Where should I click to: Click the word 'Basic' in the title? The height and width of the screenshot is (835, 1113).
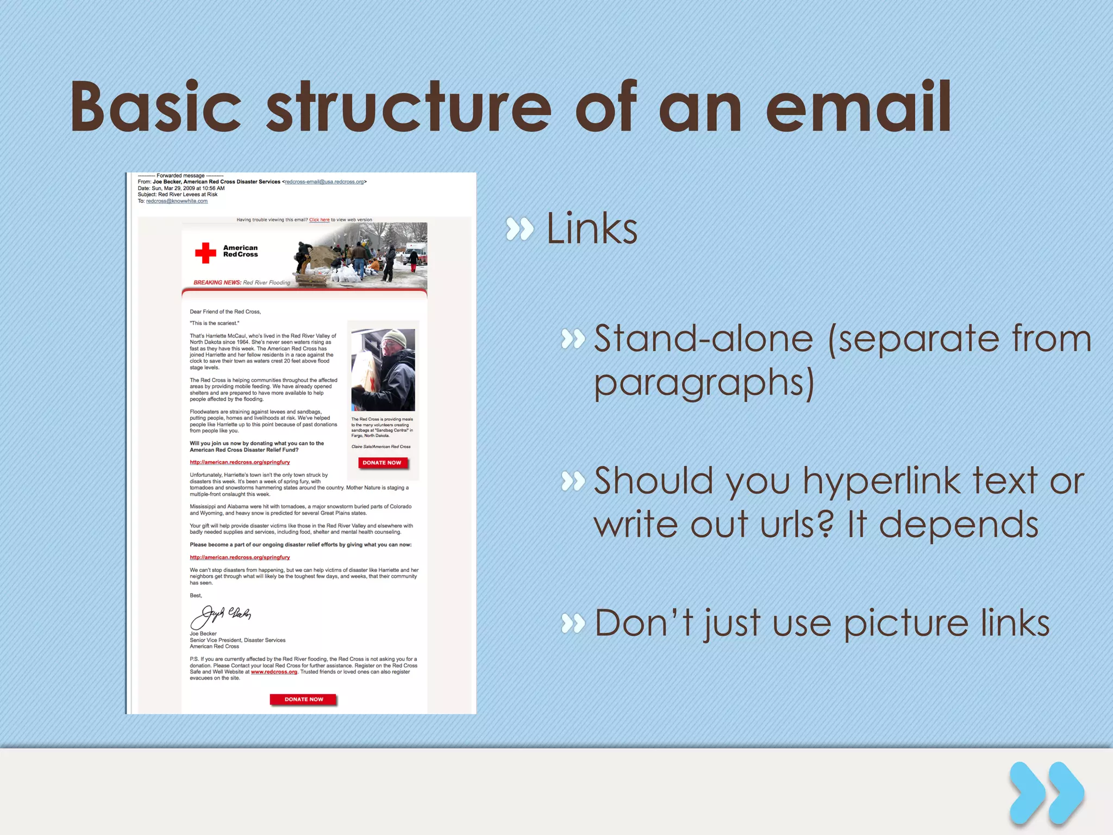[155, 107]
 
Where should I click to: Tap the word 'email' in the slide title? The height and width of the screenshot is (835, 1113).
[859, 107]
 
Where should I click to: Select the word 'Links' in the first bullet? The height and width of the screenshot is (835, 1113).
[591, 229]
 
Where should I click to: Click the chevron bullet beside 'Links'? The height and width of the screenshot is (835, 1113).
[520, 229]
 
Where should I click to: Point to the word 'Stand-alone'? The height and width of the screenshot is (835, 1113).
[703, 339]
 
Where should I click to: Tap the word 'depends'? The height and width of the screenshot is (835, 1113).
[959, 525]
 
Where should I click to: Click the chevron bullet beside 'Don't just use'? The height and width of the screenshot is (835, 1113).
[573, 623]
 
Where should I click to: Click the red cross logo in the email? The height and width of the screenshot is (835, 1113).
[205, 253]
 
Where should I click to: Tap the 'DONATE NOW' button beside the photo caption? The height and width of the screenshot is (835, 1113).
[382, 463]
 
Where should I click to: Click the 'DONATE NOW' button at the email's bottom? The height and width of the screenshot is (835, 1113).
[304, 700]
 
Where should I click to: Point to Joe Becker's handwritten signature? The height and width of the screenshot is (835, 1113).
[221, 616]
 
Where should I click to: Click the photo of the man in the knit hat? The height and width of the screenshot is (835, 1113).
[383, 370]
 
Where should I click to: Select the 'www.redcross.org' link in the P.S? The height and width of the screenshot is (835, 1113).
[274, 672]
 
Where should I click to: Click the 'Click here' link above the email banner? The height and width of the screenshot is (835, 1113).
[319, 220]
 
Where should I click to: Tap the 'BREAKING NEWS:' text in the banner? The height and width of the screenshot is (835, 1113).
[217, 283]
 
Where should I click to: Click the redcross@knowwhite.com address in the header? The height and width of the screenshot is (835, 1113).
[177, 201]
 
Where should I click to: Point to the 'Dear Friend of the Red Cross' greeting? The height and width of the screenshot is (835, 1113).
[225, 311]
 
